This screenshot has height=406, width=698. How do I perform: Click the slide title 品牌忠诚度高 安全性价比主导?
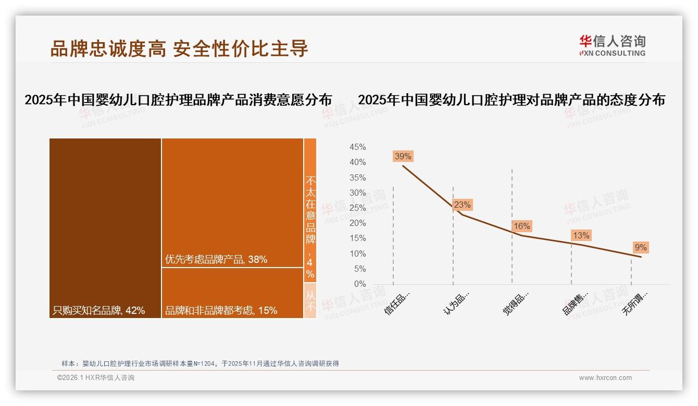click(x=179, y=48)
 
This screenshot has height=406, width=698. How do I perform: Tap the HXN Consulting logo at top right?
click(x=612, y=45)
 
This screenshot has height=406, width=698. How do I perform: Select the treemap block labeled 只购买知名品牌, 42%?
click(x=105, y=228)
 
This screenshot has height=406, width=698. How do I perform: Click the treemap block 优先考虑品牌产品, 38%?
click(x=232, y=203)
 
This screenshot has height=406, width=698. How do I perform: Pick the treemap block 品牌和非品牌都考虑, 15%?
click(x=232, y=293)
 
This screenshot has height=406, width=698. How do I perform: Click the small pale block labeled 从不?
click(x=310, y=301)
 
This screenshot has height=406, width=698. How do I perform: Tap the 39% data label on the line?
click(x=403, y=156)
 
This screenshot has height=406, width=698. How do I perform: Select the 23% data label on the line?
click(x=462, y=205)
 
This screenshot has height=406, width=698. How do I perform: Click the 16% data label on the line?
click(x=521, y=226)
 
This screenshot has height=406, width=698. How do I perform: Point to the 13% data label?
click(x=581, y=236)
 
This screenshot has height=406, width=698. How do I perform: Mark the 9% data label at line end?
click(x=640, y=247)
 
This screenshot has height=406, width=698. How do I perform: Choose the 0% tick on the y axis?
click(x=359, y=284)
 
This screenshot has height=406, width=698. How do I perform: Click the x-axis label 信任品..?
click(x=397, y=302)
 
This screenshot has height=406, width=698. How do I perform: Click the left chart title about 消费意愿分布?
click(x=178, y=100)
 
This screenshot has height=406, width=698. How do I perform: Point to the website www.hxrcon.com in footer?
click(x=605, y=378)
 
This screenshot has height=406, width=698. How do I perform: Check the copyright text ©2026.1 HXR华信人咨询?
click(x=96, y=378)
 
